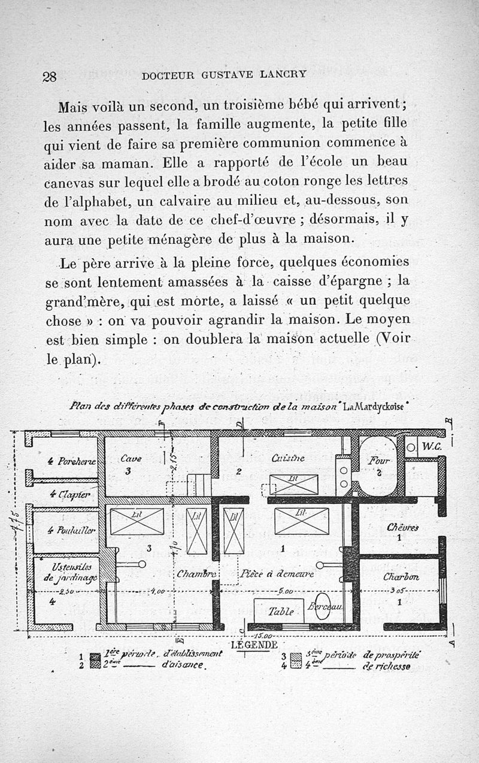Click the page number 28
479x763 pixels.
coord(49,77)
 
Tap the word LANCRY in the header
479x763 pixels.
coord(283,75)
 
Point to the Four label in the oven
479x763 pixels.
coord(380,461)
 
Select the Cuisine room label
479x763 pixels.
coord(288,458)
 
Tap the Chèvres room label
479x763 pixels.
coord(402,528)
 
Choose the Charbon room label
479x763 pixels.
coord(401,577)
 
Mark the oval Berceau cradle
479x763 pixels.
coord(324,606)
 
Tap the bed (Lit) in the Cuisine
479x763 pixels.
coord(293,484)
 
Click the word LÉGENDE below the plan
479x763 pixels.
coord(254,645)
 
